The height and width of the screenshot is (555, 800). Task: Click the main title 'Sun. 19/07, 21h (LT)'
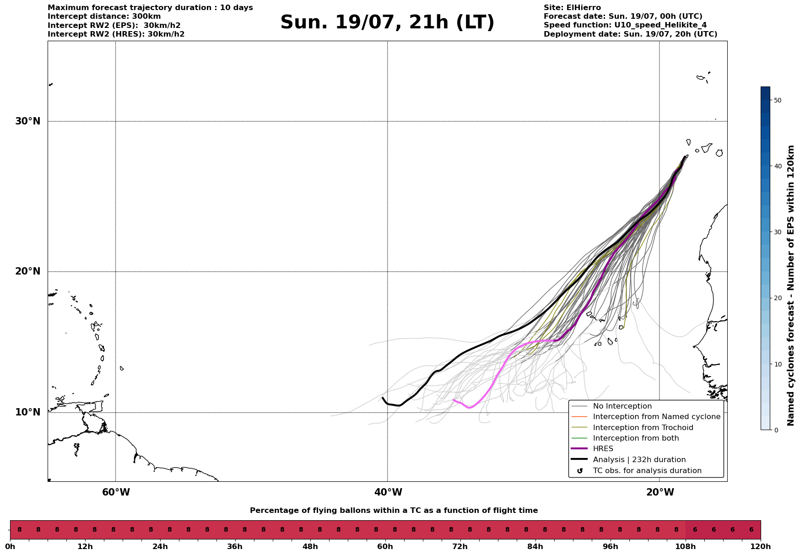pyautogui.click(x=387, y=22)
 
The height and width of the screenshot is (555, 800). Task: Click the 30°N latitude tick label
pyautogui.click(x=27, y=121)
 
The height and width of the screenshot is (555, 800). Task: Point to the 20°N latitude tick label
pyautogui.click(x=27, y=271)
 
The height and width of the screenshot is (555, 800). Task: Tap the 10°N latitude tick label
pyautogui.click(x=27, y=412)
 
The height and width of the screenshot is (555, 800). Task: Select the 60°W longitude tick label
pyautogui.click(x=116, y=492)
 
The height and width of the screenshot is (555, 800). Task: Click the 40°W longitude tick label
pyautogui.click(x=388, y=492)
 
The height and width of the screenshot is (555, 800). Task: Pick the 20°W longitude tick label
pyautogui.click(x=660, y=492)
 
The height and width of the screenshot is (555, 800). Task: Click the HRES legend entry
pyautogui.click(x=603, y=449)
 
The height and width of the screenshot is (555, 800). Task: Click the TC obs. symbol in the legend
pyautogui.click(x=580, y=471)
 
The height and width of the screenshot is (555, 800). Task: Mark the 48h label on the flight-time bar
pyautogui.click(x=310, y=546)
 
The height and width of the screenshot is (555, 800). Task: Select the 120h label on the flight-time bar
pyautogui.click(x=761, y=546)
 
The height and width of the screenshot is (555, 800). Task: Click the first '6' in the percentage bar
pyautogui.click(x=695, y=530)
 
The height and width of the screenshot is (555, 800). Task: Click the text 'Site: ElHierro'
pyautogui.click(x=572, y=8)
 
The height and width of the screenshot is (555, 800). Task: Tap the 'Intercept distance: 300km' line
pyautogui.click(x=104, y=16)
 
